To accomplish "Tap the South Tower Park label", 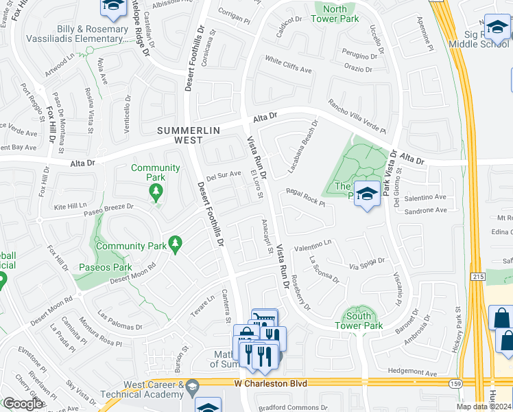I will point(359,321).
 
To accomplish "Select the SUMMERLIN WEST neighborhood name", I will point(179,135).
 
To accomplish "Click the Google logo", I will point(22,404).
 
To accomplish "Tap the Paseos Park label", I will point(105,267).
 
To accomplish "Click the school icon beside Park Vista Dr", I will point(368,195).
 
